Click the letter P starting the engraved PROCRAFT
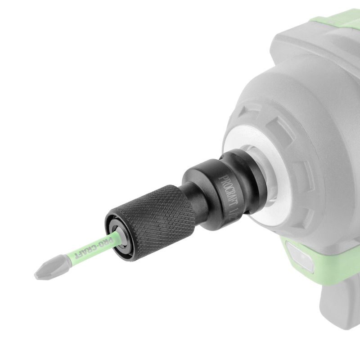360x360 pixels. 221,177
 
